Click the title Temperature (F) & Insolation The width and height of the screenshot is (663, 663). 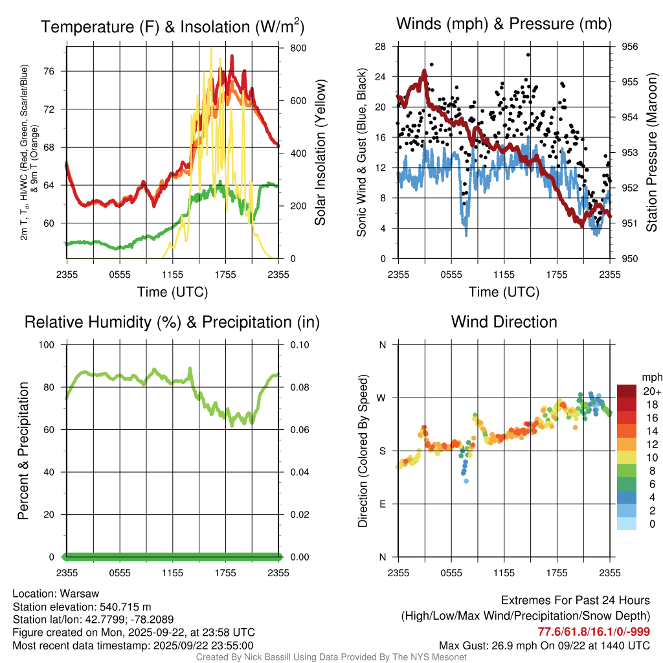pyautogui.click(x=172, y=27)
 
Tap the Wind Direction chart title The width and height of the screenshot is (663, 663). pyautogui.click(x=504, y=322)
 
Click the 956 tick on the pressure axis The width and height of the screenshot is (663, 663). pyautogui.click(x=630, y=47)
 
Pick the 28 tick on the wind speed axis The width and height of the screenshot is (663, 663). pyautogui.click(x=381, y=47)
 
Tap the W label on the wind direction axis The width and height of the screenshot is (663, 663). pyautogui.click(x=382, y=398)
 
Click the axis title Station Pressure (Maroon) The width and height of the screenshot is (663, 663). pyautogui.click(x=651, y=153)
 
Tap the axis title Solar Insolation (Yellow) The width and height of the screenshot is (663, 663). pyautogui.click(x=320, y=153)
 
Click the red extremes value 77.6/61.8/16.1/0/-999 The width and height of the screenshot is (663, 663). pyautogui.click(x=594, y=631)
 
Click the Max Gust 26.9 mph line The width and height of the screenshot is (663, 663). pyautogui.click(x=545, y=645)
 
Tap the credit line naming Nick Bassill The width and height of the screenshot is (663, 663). pyautogui.click(x=331, y=657)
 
